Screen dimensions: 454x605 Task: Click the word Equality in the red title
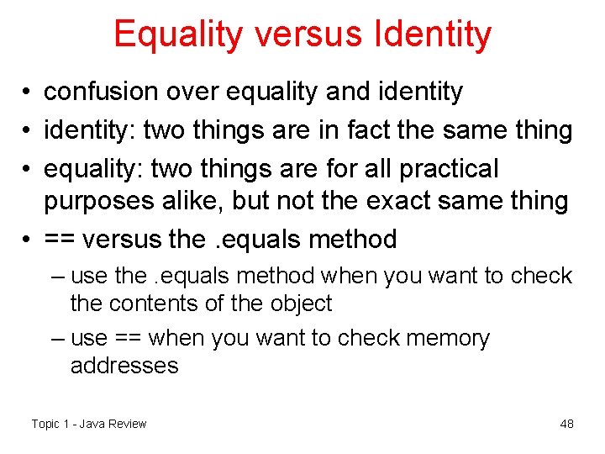[177, 34]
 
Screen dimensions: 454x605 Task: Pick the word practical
[449, 168]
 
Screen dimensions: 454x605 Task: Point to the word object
[301, 304]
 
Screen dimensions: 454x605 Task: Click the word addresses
[124, 366]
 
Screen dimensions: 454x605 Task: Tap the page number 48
[566, 424]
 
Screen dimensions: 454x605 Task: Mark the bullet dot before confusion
[29, 92]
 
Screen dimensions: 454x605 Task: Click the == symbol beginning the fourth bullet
[59, 240]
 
